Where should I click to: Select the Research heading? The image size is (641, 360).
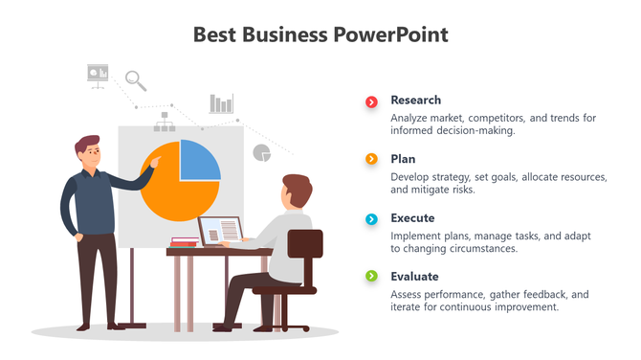point(415,100)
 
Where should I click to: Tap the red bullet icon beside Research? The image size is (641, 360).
point(371,101)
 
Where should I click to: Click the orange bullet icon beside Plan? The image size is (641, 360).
point(371,159)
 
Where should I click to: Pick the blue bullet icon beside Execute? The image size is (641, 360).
point(371,218)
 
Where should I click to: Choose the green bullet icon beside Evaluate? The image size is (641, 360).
point(371,277)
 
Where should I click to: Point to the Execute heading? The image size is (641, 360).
point(412,218)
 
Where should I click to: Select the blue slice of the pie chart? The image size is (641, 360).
point(199,160)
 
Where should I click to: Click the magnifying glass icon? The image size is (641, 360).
point(135,79)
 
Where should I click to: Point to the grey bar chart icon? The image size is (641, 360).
point(222,103)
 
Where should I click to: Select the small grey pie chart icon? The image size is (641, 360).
point(261,152)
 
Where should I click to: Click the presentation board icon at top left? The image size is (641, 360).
point(98,74)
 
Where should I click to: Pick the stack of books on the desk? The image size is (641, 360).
point(184,241)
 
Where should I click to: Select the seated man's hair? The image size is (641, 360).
point(298,188)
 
